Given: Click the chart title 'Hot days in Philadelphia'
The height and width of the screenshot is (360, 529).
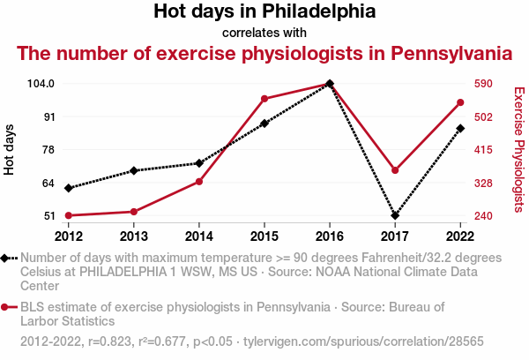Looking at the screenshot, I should tap(264, 12).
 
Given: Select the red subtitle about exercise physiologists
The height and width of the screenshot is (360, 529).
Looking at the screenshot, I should tap(264, 53).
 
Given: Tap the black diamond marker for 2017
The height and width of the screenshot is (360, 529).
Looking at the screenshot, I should tap(395, 215).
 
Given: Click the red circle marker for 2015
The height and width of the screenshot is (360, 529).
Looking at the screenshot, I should tap(264, 99).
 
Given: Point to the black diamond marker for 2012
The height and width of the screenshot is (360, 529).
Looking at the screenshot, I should tap(69, 188).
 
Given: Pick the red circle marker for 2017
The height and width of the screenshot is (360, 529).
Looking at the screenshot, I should tap(395, 170).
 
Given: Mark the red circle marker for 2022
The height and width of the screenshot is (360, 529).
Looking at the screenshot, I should tap(460, 103).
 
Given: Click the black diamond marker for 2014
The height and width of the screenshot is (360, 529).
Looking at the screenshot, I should tap(199, 163).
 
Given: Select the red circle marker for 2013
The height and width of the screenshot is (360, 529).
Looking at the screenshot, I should tap(134, 212).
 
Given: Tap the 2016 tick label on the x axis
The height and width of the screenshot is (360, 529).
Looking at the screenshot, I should tap(330, 236).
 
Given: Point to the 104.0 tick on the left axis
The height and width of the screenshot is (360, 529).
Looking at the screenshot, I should tap(41, 84).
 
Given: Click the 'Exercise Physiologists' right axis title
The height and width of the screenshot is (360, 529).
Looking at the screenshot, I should tap(519, 150).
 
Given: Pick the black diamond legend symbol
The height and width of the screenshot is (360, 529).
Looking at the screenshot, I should tap(7, 258).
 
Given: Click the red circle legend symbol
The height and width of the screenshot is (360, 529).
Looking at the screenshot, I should tap(7, 307).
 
